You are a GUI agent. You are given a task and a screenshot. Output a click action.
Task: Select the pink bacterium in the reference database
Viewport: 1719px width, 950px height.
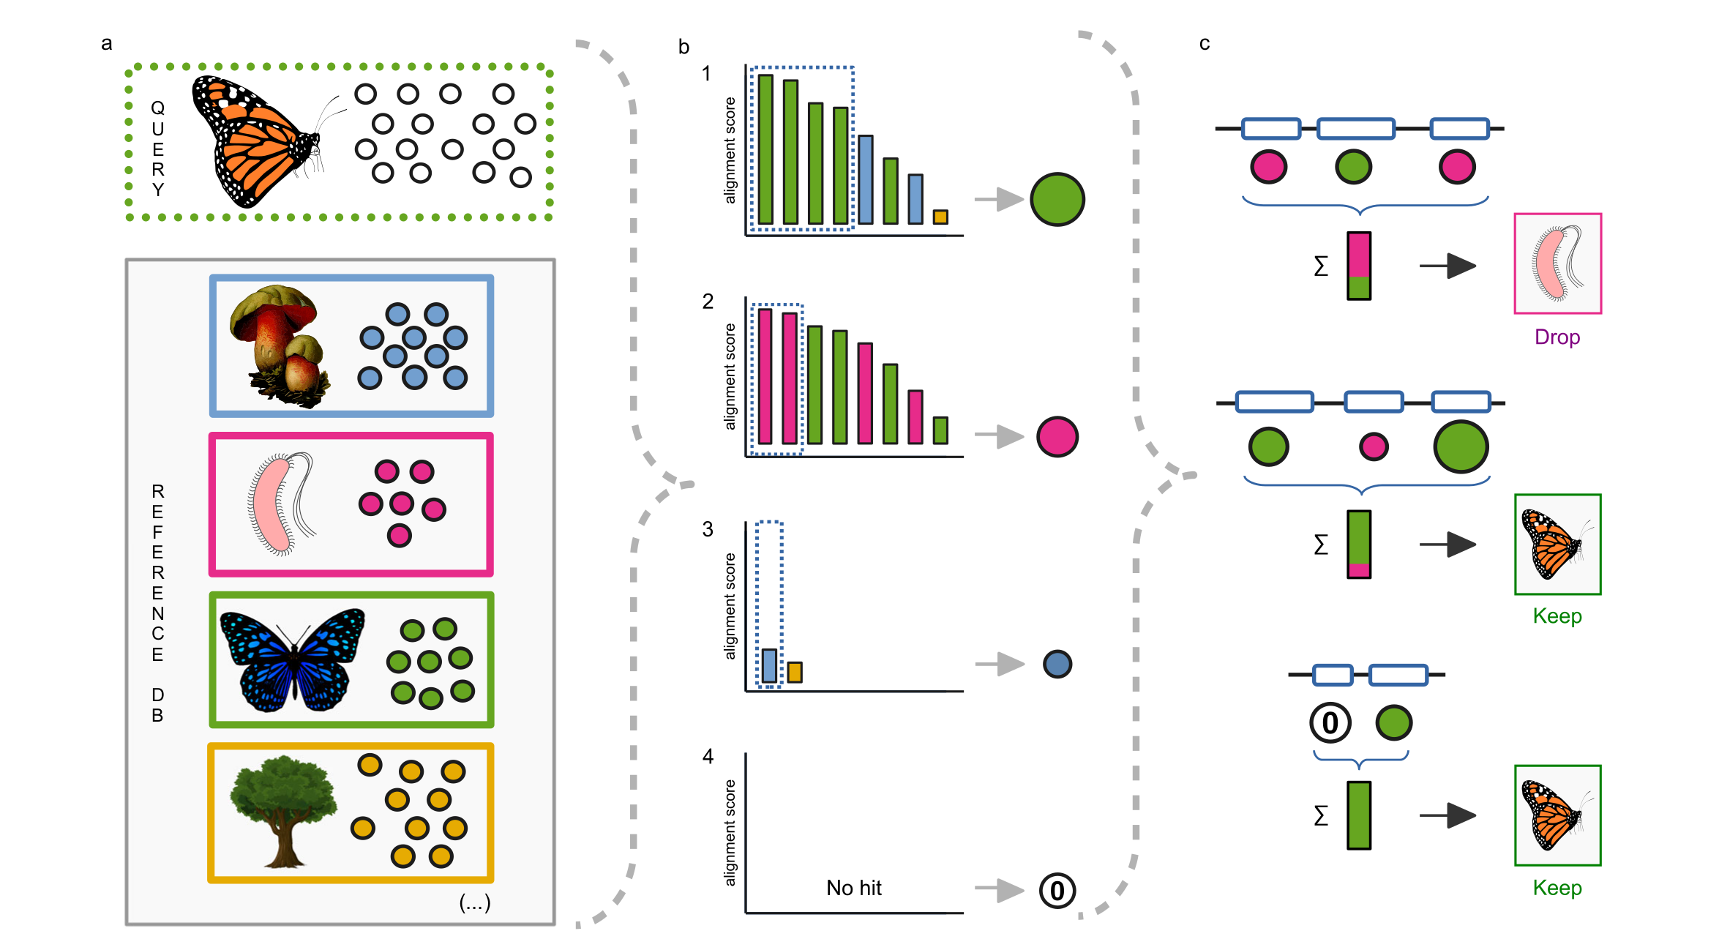point(274,505)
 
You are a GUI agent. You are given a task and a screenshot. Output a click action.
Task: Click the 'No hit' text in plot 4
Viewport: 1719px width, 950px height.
point(853,888)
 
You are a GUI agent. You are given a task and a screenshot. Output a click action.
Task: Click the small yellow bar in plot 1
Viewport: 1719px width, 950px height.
point(940,217)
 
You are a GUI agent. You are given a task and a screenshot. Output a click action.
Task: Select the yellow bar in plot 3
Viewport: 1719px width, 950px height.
point(795,672)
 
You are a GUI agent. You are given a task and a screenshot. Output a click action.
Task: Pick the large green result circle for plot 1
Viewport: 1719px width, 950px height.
point(1057,199)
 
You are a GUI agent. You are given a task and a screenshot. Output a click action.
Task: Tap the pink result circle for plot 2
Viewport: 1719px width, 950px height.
point(1057,437)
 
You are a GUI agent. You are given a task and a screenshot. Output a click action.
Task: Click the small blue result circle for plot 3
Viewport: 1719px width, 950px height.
point(1057,664)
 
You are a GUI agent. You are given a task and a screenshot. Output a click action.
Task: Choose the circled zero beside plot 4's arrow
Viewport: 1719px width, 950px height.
point(1057,891)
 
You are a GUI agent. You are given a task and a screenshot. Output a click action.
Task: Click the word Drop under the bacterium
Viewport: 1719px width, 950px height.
point(1557,337)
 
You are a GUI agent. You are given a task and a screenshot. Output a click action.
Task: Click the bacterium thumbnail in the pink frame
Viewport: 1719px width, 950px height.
point(1557,263)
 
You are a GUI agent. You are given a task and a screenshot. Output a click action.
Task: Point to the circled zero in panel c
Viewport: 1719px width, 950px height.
point(1330,723)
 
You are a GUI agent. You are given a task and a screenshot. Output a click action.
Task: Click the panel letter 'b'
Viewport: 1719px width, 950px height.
point(684,48)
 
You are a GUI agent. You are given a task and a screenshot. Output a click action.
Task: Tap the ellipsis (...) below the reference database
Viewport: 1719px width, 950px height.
point(474,903)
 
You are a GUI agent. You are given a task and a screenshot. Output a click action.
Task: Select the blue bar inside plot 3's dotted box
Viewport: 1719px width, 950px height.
point(769,666)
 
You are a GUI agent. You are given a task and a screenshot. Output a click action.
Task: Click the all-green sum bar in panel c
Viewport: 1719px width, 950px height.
point(1358,815)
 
